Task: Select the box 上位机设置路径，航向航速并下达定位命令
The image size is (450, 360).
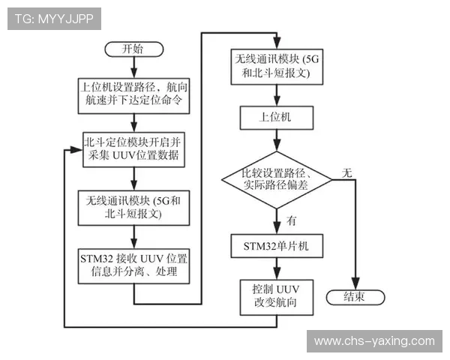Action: tap(133, 93)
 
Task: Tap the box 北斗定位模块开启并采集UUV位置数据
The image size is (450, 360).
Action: tap(133, 148)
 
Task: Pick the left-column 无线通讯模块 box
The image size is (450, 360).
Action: tap(133, 207)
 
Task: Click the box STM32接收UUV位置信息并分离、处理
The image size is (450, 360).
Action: tap(133, 263)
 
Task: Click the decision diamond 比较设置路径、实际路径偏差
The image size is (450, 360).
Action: tap(277, 180)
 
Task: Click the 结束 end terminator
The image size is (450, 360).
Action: tap(354, 296)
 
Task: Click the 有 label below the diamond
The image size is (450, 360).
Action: tap(291, 220)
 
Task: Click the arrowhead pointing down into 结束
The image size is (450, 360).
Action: tap(354, 283)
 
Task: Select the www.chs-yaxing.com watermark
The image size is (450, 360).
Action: tap(374, 341)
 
